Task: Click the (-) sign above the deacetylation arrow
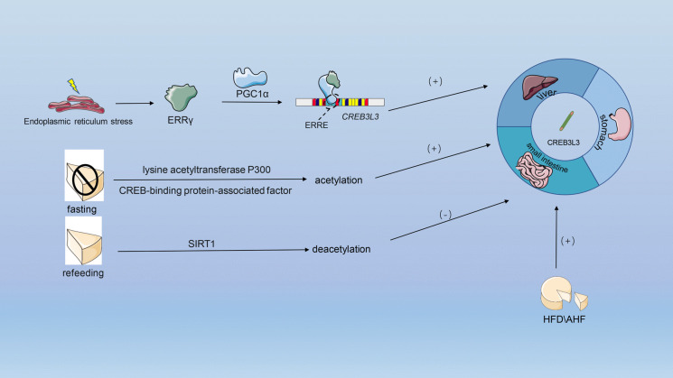445,216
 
